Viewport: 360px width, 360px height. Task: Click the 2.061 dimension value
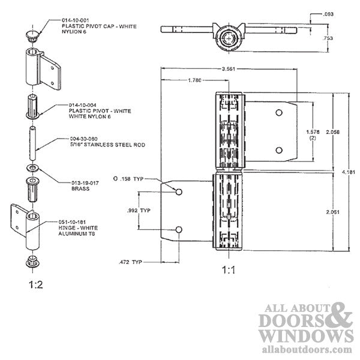click(323, 212)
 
